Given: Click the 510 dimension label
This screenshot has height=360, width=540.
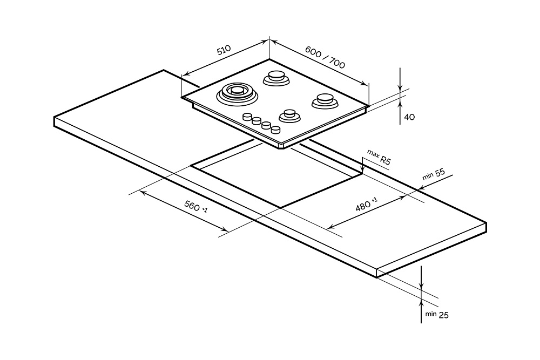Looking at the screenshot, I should [x=224, y=51].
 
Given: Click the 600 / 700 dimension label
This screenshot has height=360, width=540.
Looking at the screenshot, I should [x=325, y=56].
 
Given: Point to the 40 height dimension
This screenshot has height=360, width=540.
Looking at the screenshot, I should [x=409, y=117].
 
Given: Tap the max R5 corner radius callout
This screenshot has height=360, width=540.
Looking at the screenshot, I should [x=379, y=157].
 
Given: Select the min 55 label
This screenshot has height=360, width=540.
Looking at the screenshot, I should [x=434, y=174].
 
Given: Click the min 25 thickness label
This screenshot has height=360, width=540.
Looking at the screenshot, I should [x=437, y=314].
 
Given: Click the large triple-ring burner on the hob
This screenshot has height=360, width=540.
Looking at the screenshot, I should [x=236, y=93].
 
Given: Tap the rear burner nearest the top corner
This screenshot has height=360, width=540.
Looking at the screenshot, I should [x=276, y=78].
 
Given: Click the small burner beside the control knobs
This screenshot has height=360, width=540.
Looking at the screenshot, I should [x=289, y=116].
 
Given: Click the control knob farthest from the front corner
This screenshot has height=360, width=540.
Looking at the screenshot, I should [x=248, y=117].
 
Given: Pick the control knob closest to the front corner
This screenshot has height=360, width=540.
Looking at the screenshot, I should [x=276, y=130].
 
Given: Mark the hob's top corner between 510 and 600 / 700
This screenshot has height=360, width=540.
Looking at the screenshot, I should [x=269, y=59].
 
